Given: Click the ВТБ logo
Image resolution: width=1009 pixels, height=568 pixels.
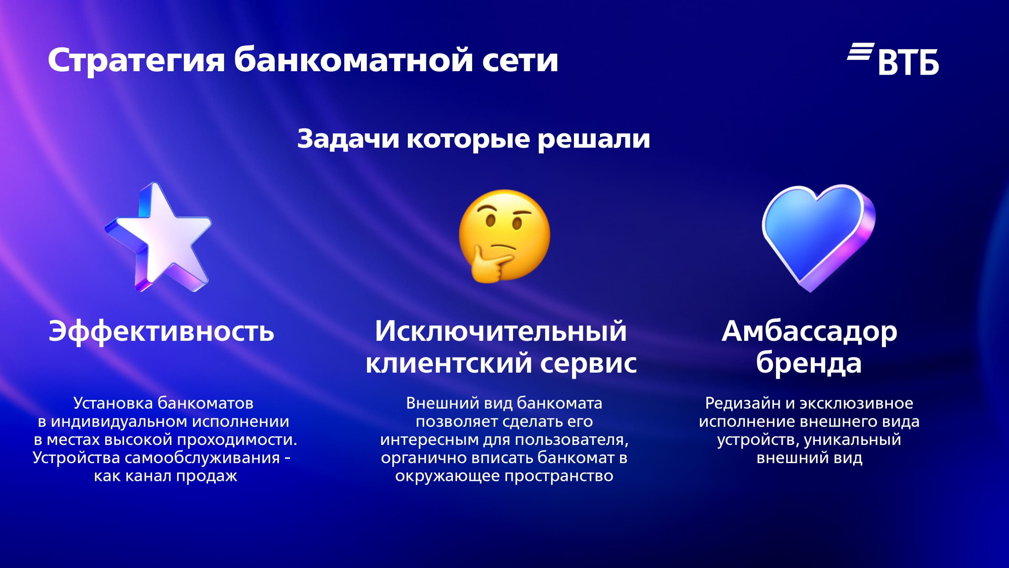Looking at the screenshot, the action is pyautogui.click(x=893, y=59).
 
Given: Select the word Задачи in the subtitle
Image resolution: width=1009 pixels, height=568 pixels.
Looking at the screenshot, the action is pyautogui.click(x=348, y=139).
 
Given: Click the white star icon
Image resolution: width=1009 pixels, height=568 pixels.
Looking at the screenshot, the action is pyautogui.click(x=158, y=237).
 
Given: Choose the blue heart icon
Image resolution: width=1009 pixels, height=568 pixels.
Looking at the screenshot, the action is pyautogui.click(x=819, y=237).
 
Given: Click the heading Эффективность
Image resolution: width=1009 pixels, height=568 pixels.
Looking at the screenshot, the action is pyautogui.click(x=162, y=331).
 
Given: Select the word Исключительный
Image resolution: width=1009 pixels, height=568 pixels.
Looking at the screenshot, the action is pyautogui.click(x=501, y=331).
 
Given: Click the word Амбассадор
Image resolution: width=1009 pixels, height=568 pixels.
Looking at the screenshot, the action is pyautogui.click(x=810, y=332).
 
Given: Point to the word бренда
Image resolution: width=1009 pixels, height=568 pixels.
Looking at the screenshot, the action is pyautogui.click(x=809, y=363).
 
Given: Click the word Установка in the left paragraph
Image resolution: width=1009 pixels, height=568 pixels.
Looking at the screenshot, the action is pyautogui.click(x=113, y=403).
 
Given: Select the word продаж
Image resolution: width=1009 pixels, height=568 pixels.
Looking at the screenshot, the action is pyautogui.click(x=207, y=476).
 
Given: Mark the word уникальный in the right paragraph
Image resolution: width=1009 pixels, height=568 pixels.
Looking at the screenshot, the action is pyautogui.click(x=853, y=440).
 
